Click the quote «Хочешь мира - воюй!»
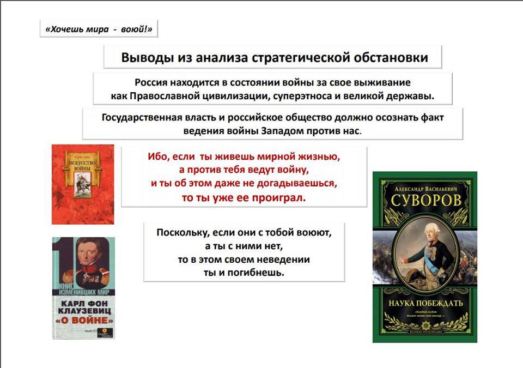click(99, 29)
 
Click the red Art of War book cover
click(83, 184)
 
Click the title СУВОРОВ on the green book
click(425, 200)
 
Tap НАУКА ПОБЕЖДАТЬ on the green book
click(425, 303)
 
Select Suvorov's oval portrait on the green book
click(424, 251)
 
